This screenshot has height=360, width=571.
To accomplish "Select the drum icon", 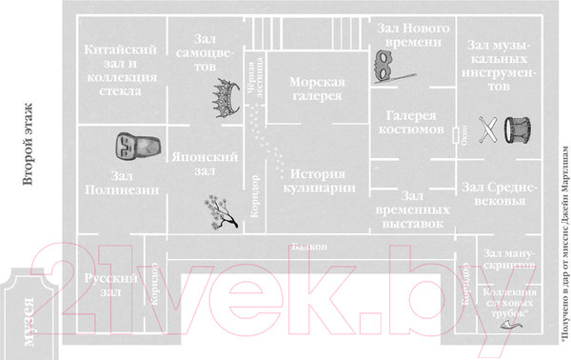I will pos(519,130).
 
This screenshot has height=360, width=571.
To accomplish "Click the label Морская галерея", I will pos(317,92).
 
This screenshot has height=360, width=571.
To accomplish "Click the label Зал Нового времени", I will pos(410,35).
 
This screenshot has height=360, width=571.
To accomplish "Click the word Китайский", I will pos(120,50).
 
